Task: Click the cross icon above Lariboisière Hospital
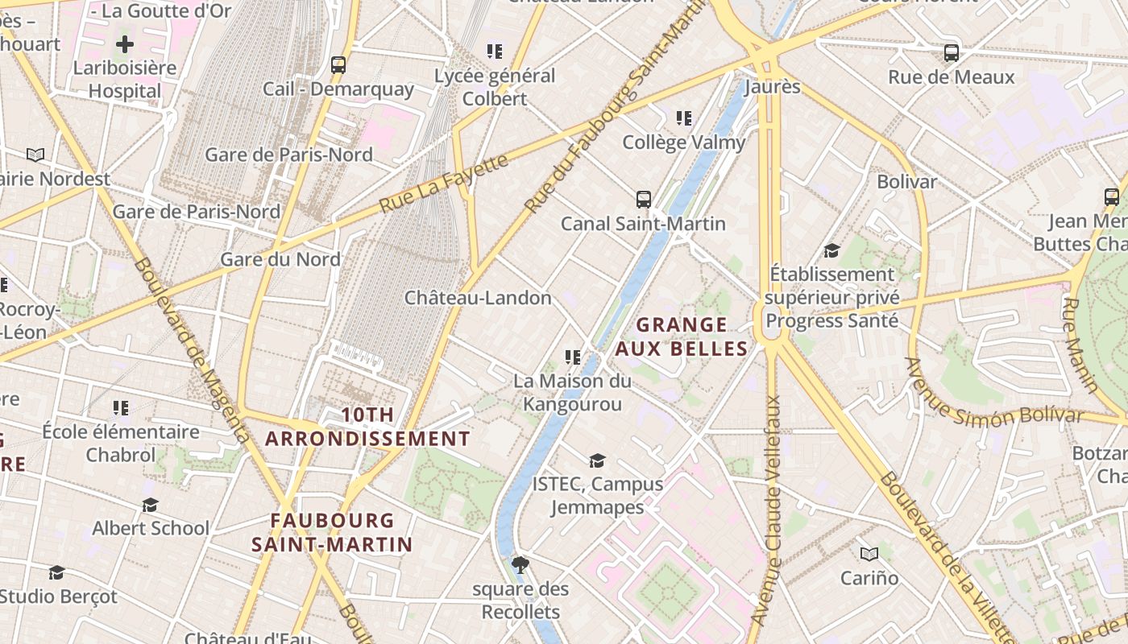coord(124,44)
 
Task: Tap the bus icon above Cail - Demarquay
coord(338,65)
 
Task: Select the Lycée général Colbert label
coord(495,87)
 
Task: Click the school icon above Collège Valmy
coord(684,119)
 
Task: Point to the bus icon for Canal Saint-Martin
coord(643,200)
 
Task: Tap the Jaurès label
coord(773,86)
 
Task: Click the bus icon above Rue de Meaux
coord(952,53)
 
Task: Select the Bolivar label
coord(906,181)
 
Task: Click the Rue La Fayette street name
coord(444,184)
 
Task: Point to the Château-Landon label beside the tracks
coord(478,298)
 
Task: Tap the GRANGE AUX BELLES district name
coord(681,336)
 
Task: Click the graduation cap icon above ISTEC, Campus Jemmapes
coord(597,460)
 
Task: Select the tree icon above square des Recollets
coord(520,564)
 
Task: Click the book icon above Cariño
coord(869,554)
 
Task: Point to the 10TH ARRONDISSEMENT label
coord(367,427)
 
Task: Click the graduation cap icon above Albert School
coord(150,505)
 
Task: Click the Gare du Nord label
coord(280,259)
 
